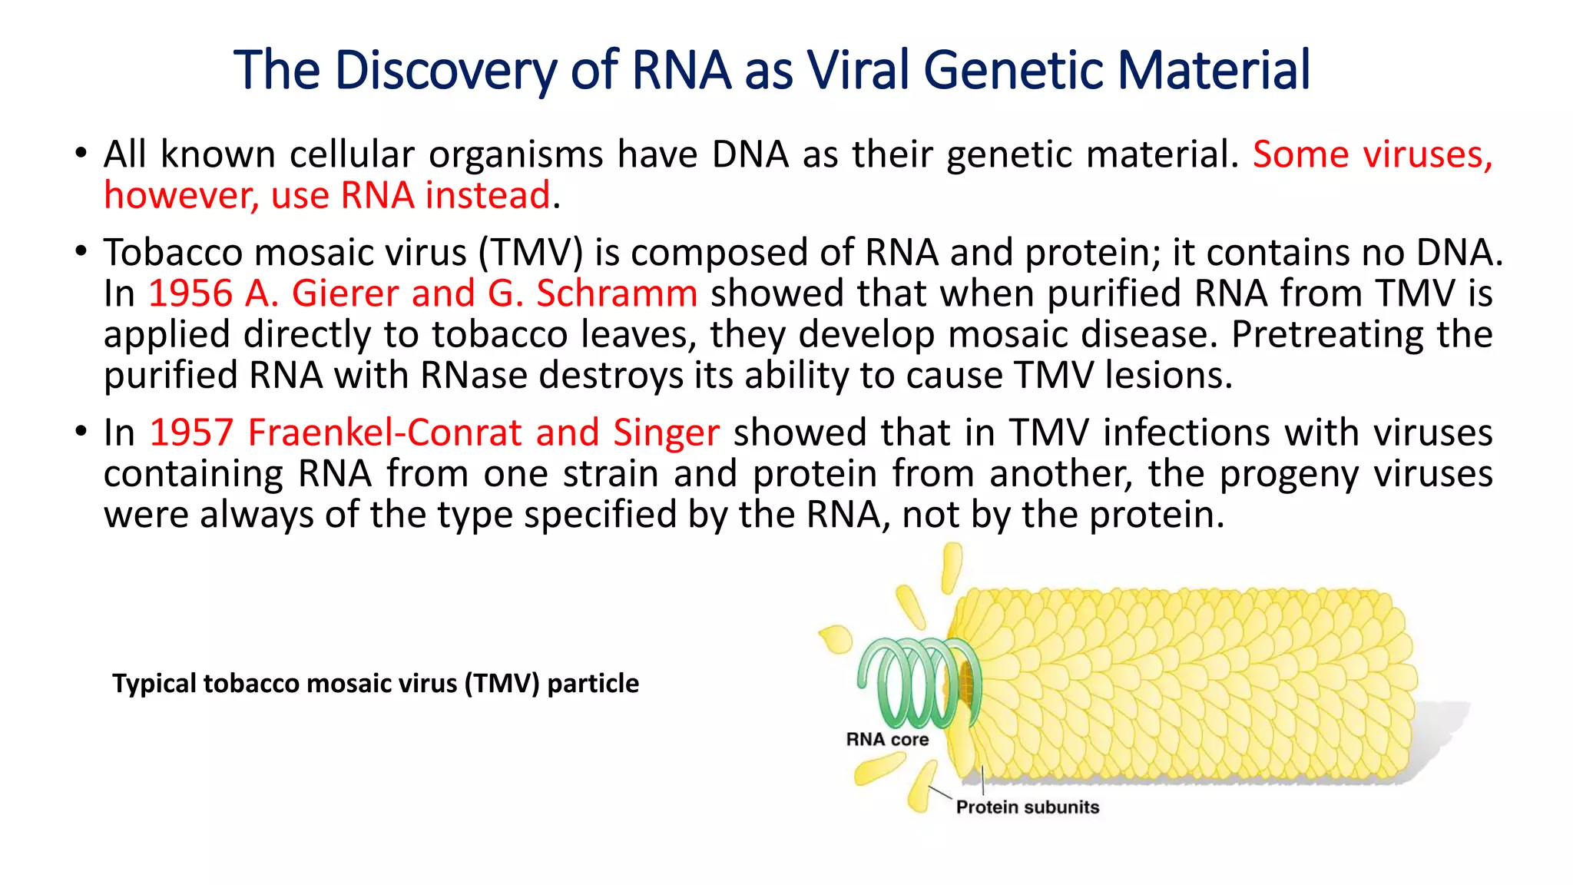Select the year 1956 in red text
coord(190,293)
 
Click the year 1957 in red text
coord(191,433)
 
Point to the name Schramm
coord(616,293)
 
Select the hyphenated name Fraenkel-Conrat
coord(385,433)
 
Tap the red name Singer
coord(666,433)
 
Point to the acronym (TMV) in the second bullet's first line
coord(531,253)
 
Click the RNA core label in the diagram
coord(887,739)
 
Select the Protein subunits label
coord(1027,807)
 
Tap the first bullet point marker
coord(81,154)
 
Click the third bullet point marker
coord(81,432)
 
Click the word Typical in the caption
coord(154,683)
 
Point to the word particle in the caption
coord(592,683)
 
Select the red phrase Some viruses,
coord(1372,154)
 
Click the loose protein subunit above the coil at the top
coord(952,567)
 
